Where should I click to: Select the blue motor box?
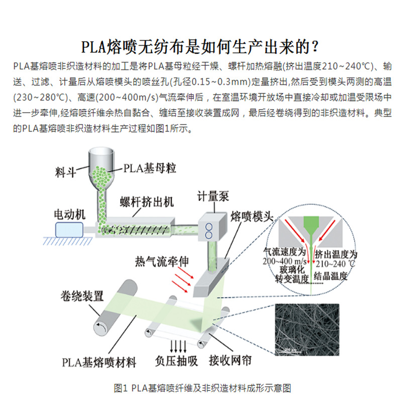coord(69,229)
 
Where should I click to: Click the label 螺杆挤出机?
coord(146,202)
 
